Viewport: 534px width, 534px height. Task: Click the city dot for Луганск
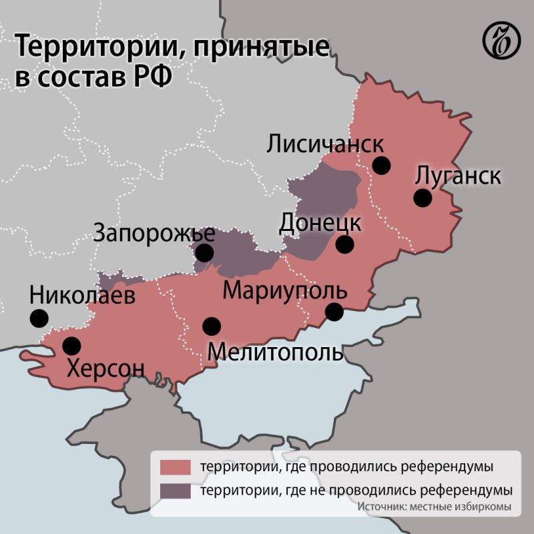click(422, 198)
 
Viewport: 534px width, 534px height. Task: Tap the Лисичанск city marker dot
click(382, 165)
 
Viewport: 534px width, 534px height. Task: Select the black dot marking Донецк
click(344, 244)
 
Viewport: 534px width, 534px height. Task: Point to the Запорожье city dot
click(204, 252)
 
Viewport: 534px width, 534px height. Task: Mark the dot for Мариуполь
click(334, 311)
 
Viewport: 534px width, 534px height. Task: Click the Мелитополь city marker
click(212, 326)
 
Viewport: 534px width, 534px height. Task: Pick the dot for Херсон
click(71, 346)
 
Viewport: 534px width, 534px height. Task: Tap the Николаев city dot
click(39, 318)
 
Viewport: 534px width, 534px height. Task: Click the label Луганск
click(458, 177)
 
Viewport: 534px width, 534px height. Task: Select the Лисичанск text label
click(325, 144)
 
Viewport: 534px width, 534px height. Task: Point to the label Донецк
click(320, 222)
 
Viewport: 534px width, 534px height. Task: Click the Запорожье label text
click(154, 234)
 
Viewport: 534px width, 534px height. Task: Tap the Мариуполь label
click(285, 292)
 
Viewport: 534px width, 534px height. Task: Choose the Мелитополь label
click(276, 351)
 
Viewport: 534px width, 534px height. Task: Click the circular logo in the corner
click(501, 41)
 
